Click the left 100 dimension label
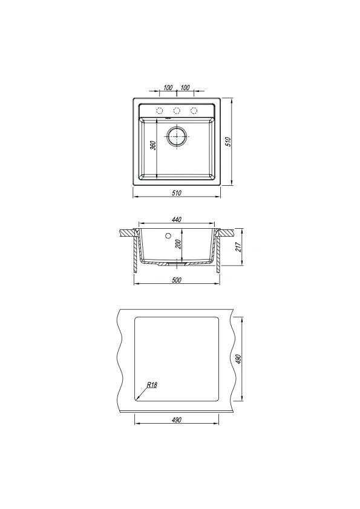point(168,87)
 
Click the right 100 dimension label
point(185,87)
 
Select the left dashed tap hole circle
point(159,111)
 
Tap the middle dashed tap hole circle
point(177,111)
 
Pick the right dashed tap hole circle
point(194,111)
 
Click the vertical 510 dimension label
point(228,142)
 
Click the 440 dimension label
point(176,220)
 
